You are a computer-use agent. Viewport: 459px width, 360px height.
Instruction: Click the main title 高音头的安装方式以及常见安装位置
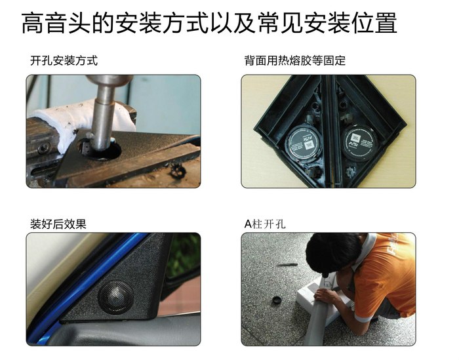click(x=209, y=23)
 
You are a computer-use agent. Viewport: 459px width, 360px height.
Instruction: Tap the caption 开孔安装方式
click(x=64, y=61)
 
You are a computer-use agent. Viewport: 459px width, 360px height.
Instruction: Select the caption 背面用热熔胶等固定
click(x=295, y=60)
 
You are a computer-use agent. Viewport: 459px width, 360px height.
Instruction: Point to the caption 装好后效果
click(x=58, y=224)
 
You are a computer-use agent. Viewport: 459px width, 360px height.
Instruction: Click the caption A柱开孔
click(x=265, y=224)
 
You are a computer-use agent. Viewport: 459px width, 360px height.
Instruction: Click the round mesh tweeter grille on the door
click(x=115, y=297)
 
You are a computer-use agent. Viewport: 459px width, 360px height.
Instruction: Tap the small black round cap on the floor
click(x=277, y=300)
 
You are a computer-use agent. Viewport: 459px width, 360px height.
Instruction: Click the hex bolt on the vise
click(x=43, y=148)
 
